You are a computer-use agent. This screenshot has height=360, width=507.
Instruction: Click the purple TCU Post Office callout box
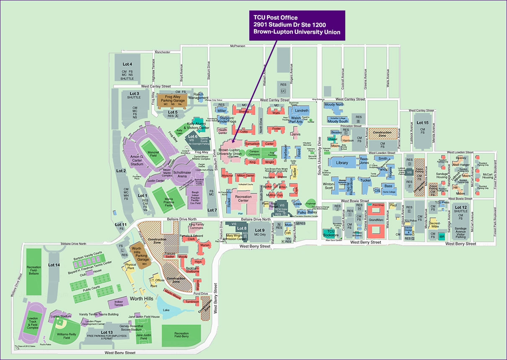(x=297, y=25)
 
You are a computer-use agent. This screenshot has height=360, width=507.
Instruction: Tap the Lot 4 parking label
(x=127, y=64)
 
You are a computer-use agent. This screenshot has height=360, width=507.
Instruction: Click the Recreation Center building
(x=243, y=199)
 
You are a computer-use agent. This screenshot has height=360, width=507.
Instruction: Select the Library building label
(x=342, y=163)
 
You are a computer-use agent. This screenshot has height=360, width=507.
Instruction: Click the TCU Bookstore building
(x=330, y=233)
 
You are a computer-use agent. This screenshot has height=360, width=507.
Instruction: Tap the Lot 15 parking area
(x=422, y=123)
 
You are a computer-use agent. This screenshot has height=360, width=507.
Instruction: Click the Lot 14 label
(x=54, y=265)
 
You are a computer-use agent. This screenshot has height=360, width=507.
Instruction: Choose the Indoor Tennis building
(x=118, y=303)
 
